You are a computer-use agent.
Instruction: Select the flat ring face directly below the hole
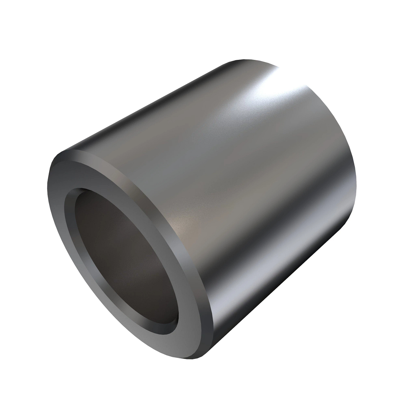tap(142, 342)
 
